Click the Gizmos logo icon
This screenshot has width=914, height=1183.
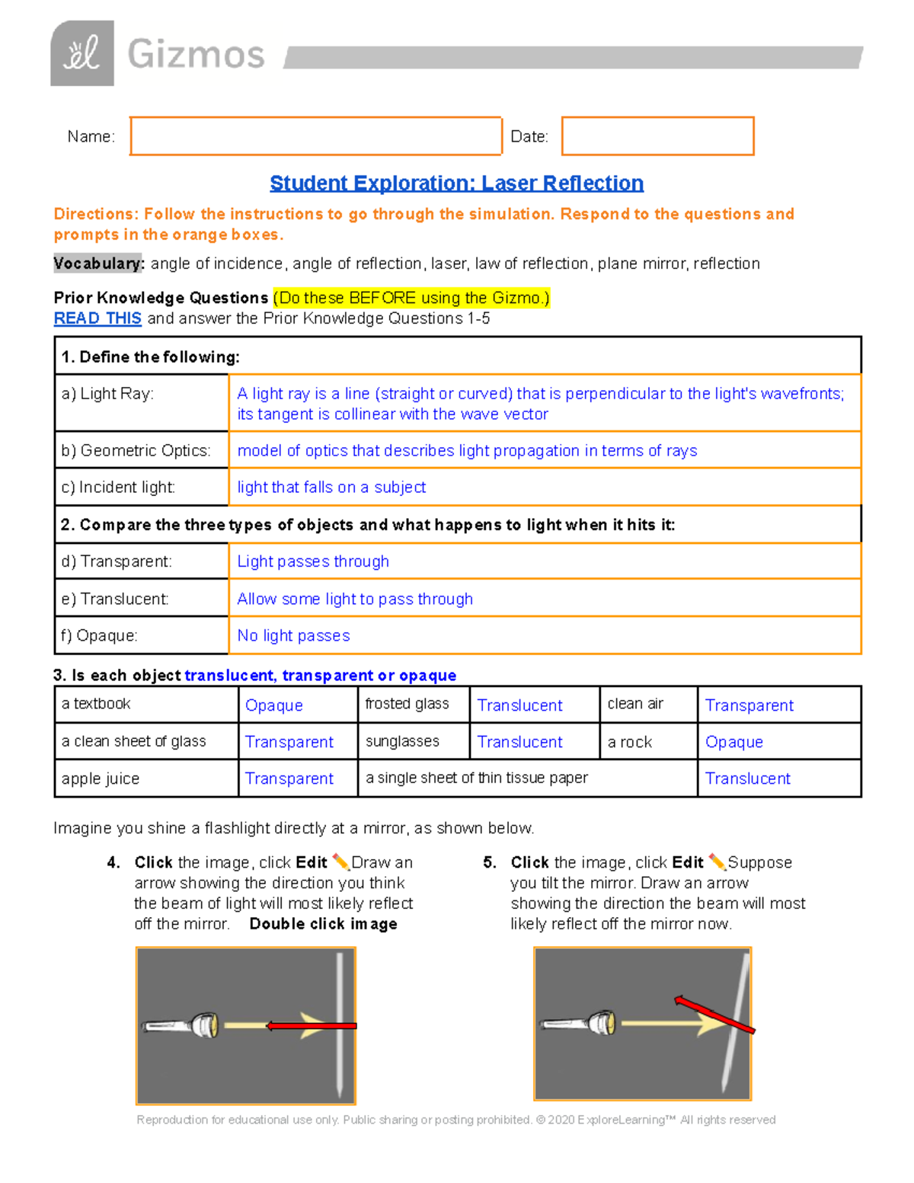(x=82, y=53)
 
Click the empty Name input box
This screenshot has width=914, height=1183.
(x=315, y=136)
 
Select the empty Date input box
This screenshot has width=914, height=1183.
(x=657, y=136)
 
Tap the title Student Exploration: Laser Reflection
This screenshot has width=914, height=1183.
(x=456, y=184)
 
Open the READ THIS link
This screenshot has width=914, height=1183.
(x=97, y=318)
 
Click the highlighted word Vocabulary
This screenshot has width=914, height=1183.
(x=97, y=264)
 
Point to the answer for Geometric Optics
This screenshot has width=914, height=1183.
(x=467, y=451)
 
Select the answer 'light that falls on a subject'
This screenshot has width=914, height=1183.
(x=331, y=488)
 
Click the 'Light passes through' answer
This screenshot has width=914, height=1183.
(x=313, y=561)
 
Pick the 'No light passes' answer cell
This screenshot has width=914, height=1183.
(x=294, y=635)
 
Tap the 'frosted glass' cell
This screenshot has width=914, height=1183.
(x=407, y=704)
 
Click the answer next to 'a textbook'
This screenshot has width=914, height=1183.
(x=274, y=705)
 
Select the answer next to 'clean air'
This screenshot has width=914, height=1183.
(x=749, y=705)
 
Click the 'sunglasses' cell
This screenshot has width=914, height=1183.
(x=402, y=741)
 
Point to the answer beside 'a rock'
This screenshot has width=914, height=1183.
(x=733, y=742)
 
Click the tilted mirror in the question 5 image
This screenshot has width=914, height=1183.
(x=736, y=1021)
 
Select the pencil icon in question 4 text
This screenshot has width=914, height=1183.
(x=340, y=862)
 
